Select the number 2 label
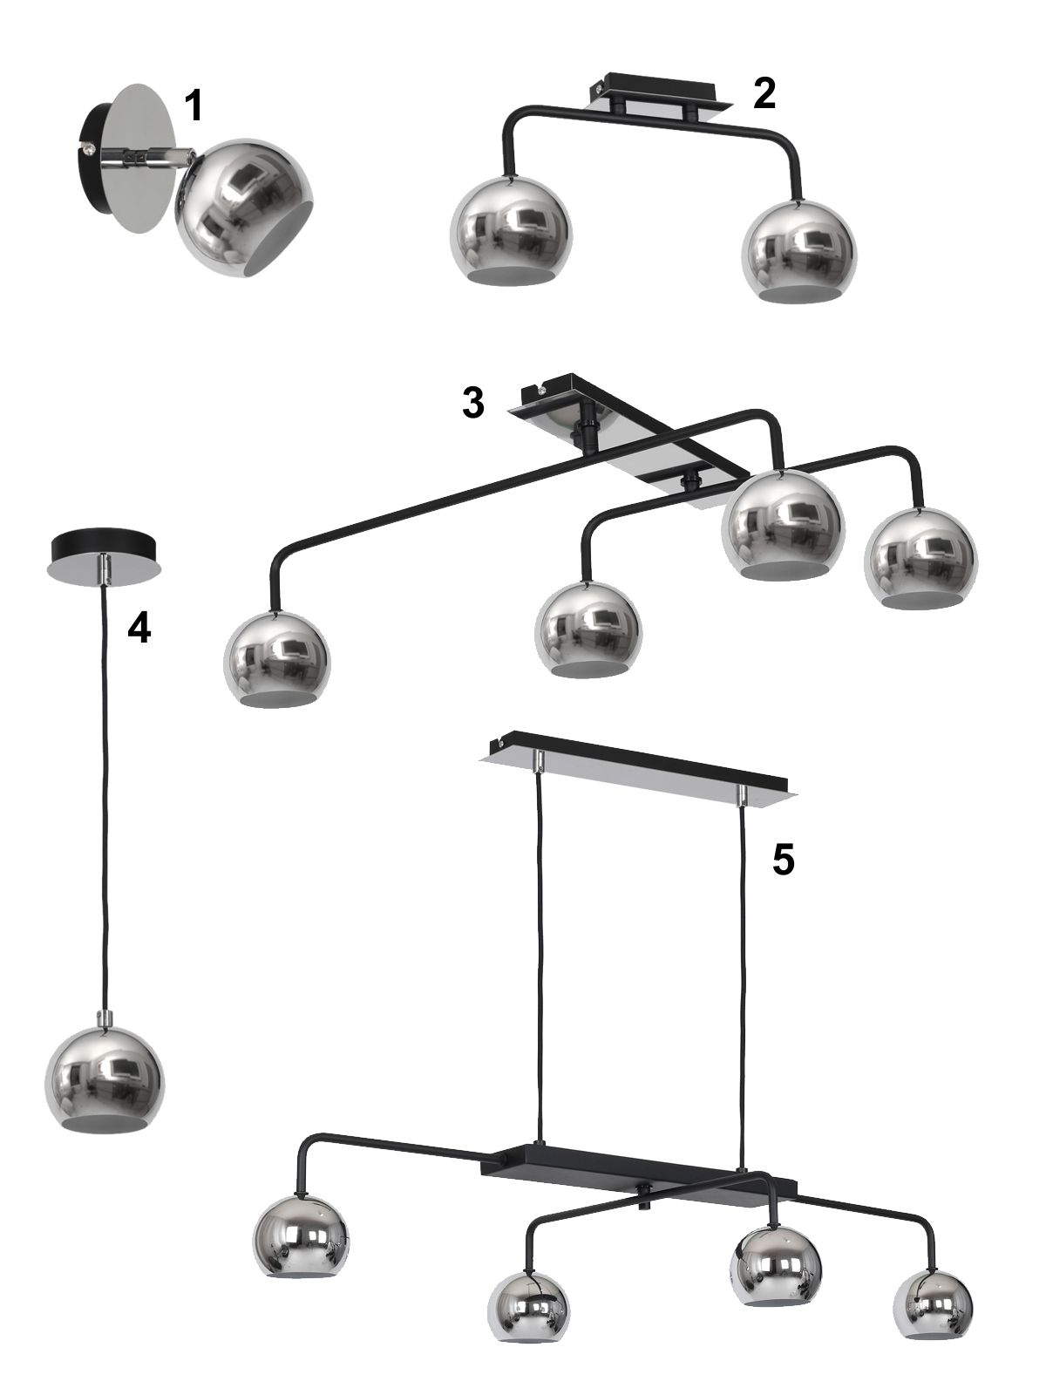click(764, 93)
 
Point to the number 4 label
click(139, 629)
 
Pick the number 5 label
click(783, 860)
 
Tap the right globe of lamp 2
click(800, 251)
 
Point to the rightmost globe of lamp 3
click(920, 557)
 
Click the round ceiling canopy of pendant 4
click(104, 560)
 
